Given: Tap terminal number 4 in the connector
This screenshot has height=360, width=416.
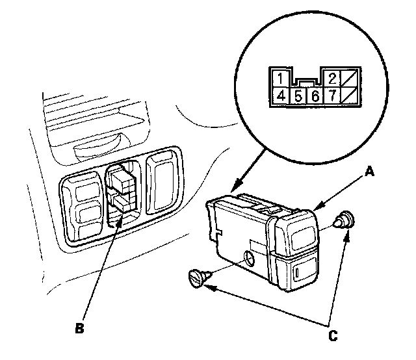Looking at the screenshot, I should [280, 97].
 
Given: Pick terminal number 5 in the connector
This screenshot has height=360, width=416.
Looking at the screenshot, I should [297, 97].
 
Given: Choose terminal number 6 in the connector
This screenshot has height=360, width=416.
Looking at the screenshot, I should [315, 97].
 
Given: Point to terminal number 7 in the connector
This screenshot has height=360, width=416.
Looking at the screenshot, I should [331, 97].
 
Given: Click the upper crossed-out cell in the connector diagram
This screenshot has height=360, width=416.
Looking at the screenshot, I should [348, 79].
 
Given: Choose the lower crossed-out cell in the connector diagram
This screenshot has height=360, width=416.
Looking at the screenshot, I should [348, 97].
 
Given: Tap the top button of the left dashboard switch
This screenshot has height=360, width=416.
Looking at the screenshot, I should [85, 192].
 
